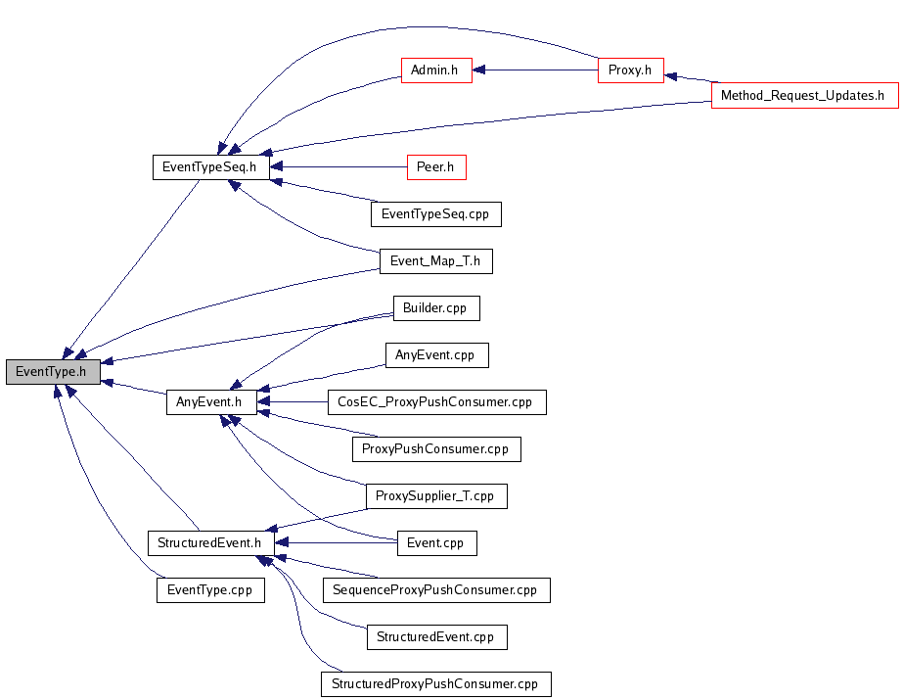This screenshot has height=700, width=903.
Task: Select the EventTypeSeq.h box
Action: click(210, 167)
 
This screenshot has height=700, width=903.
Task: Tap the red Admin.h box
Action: click(436, 70)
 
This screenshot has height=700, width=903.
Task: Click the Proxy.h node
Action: click(631, 70)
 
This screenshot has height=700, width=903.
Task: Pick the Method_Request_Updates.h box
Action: click(804, 96)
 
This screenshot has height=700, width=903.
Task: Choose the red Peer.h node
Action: click(436, 167)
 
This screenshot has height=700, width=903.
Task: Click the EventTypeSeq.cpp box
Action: click(436, 214)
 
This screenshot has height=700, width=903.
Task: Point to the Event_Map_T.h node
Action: click(436, 261)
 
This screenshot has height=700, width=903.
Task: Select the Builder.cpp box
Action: click(436, 308)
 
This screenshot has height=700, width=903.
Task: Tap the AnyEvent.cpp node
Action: click(436, 355)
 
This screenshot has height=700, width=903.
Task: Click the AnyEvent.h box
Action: click(211, 402)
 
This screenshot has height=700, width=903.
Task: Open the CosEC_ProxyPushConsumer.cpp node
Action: click(437, 402)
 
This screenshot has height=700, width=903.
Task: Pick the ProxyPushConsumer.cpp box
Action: click(436, 449)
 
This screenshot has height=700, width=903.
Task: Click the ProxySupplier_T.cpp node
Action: click(436, 496)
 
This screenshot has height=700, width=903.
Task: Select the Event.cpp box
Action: click(437, 543)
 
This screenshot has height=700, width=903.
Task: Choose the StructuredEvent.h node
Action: click(210, 543)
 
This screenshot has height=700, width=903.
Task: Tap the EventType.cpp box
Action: click(210, 590)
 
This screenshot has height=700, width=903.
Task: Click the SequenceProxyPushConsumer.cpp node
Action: click(436, 590)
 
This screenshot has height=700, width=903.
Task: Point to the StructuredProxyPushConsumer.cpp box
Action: click(436, 684)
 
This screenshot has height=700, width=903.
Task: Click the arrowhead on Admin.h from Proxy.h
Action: click(478, 70)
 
